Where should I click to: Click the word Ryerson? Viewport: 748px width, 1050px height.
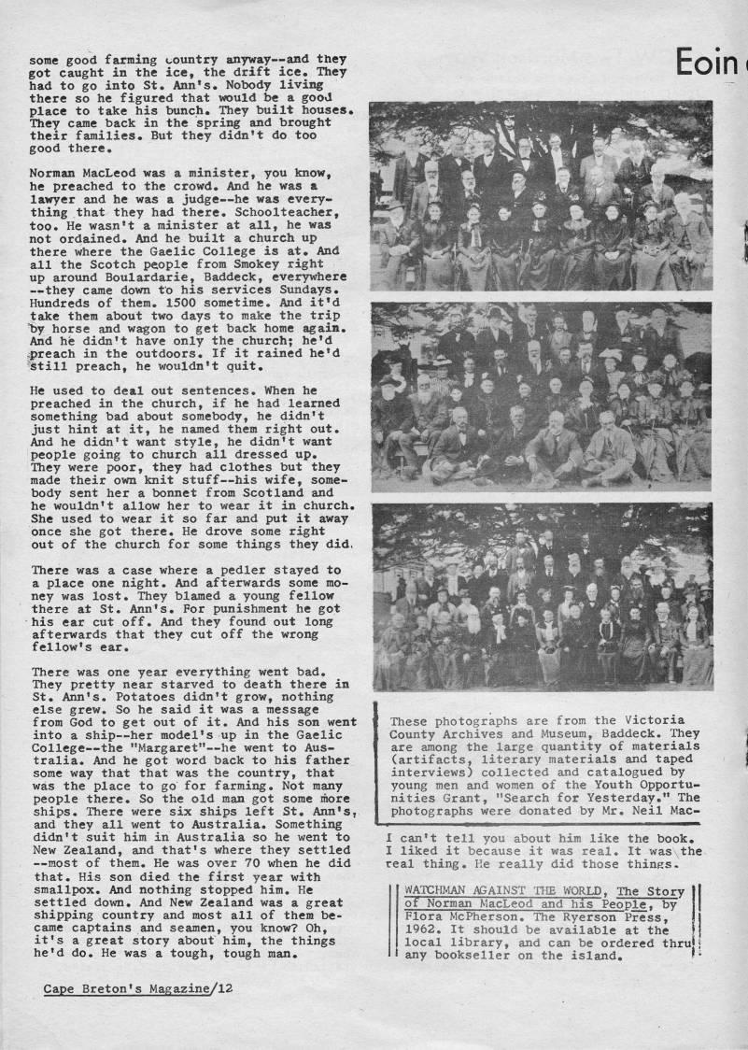(570, 917)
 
